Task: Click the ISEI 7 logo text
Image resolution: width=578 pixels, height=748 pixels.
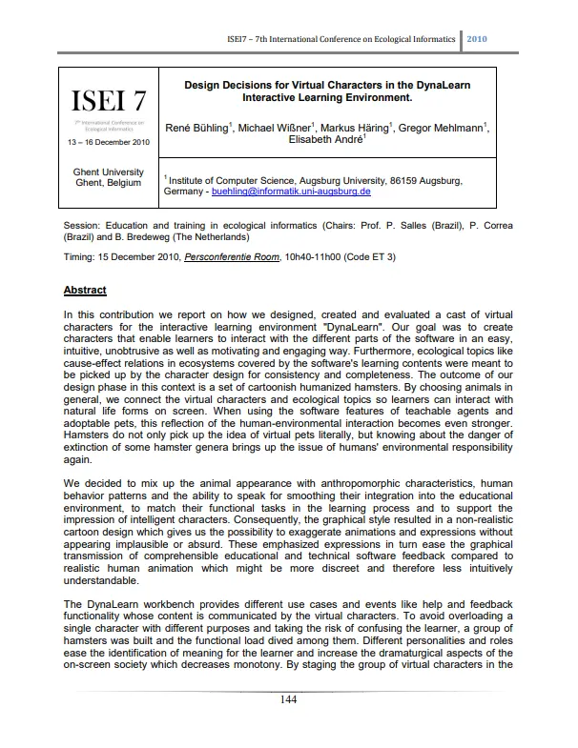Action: (x=108, y=99)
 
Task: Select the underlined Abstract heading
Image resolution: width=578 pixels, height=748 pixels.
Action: (x=85, y=290)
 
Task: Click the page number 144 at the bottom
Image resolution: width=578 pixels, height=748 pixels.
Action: (x=289, y=700)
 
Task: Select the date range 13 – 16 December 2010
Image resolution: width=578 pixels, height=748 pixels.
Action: (x=107, y=142)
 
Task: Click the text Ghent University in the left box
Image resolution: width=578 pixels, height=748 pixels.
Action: (x=107, y=172)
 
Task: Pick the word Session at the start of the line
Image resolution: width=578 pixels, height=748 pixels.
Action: (x=81, y=226)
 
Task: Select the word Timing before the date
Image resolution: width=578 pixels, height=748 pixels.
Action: (x=79, y=257)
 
